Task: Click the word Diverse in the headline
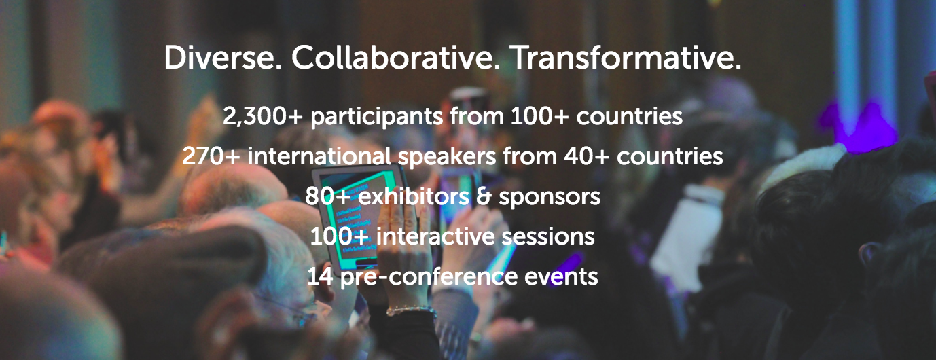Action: (x=222, y=57)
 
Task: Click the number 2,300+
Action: (x=262, y=116)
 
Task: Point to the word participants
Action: (x=376, y=117)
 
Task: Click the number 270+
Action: (x=211, y=156)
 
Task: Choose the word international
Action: (x=319, y=156)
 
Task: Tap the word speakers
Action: (x=447, y=157)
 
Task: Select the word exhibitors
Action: (x=414, y=196)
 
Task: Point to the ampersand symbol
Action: (x=484, y=196)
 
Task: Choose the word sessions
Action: (x=547, y=237)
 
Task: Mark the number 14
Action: (x=320, y=276)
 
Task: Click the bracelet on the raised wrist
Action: (x=412, y=310)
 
